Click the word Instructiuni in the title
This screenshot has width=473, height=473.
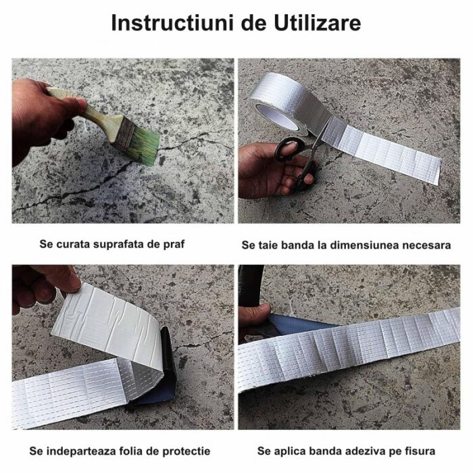(x=172, y=23)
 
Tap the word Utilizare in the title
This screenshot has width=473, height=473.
(x=318, y=23)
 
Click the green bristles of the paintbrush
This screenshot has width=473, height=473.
(x=144, y=145)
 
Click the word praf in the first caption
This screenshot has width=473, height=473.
(x=174, y=245)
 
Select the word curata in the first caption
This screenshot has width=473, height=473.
(x=72, y=244)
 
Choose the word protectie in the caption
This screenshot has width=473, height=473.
(x=186, y=451)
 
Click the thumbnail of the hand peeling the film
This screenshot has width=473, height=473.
(x=123, y=347)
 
